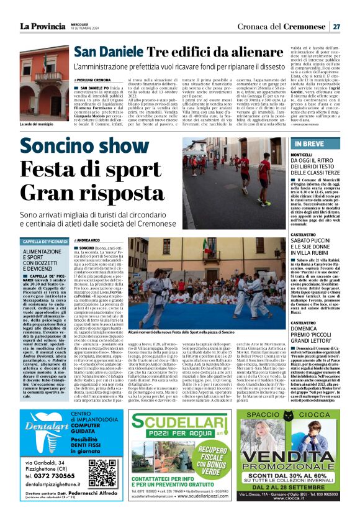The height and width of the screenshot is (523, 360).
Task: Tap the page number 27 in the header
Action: click(336, 27)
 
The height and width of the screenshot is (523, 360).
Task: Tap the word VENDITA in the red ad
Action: click(292, 457)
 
